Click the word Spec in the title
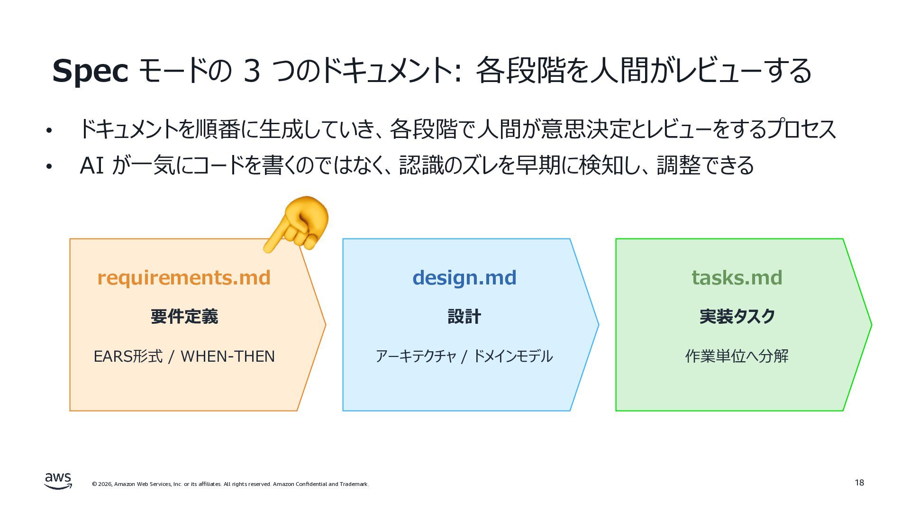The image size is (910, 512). [90, 71]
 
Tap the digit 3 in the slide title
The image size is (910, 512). [252, 70]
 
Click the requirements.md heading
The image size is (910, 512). [184, 277]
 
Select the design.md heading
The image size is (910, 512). [464, 277]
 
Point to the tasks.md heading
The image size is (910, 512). [737, 277]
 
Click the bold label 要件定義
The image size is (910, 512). [184, 316]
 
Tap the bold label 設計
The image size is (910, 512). [464, 316]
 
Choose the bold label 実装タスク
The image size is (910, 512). [737, 316]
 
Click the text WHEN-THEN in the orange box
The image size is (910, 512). [228, 356]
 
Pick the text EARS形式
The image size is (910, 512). [128, 356]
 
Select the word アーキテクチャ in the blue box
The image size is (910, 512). [416, 356]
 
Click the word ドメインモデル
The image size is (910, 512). [513, 356]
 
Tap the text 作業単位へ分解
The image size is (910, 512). [737, 356]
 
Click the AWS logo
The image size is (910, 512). [58, 481]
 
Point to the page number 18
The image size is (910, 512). [859, 483]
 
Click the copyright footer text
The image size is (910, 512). [230, 484]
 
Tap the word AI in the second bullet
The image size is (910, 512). [92, 165]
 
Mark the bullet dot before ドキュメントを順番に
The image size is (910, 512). [48, 131]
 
